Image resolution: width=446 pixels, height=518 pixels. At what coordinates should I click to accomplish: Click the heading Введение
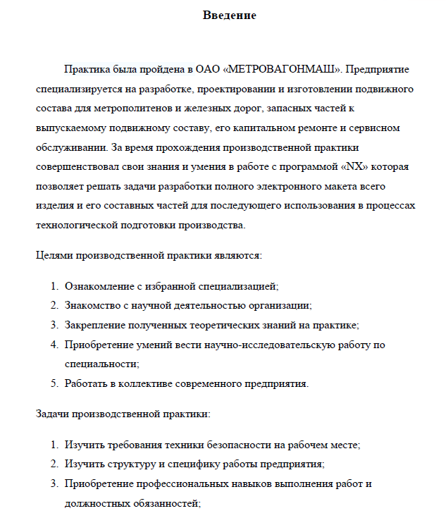coord(229,16)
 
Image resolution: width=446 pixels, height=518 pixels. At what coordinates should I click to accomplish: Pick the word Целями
coord(52,254)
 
